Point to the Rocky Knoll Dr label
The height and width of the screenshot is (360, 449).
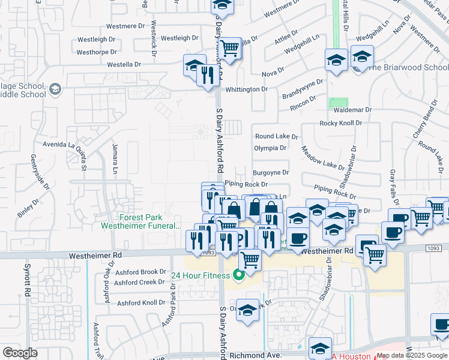341,123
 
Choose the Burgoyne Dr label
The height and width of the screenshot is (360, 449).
271,173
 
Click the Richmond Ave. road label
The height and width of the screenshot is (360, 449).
256,356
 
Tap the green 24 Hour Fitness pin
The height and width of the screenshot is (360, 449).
238,275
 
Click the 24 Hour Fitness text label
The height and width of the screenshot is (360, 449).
200,276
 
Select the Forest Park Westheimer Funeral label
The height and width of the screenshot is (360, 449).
150,222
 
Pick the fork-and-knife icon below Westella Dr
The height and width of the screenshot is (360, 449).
206,76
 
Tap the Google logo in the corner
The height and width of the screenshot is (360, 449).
20,353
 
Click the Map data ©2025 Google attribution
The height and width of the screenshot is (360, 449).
411,356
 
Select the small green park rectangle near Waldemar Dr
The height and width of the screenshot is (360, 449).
339,103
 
